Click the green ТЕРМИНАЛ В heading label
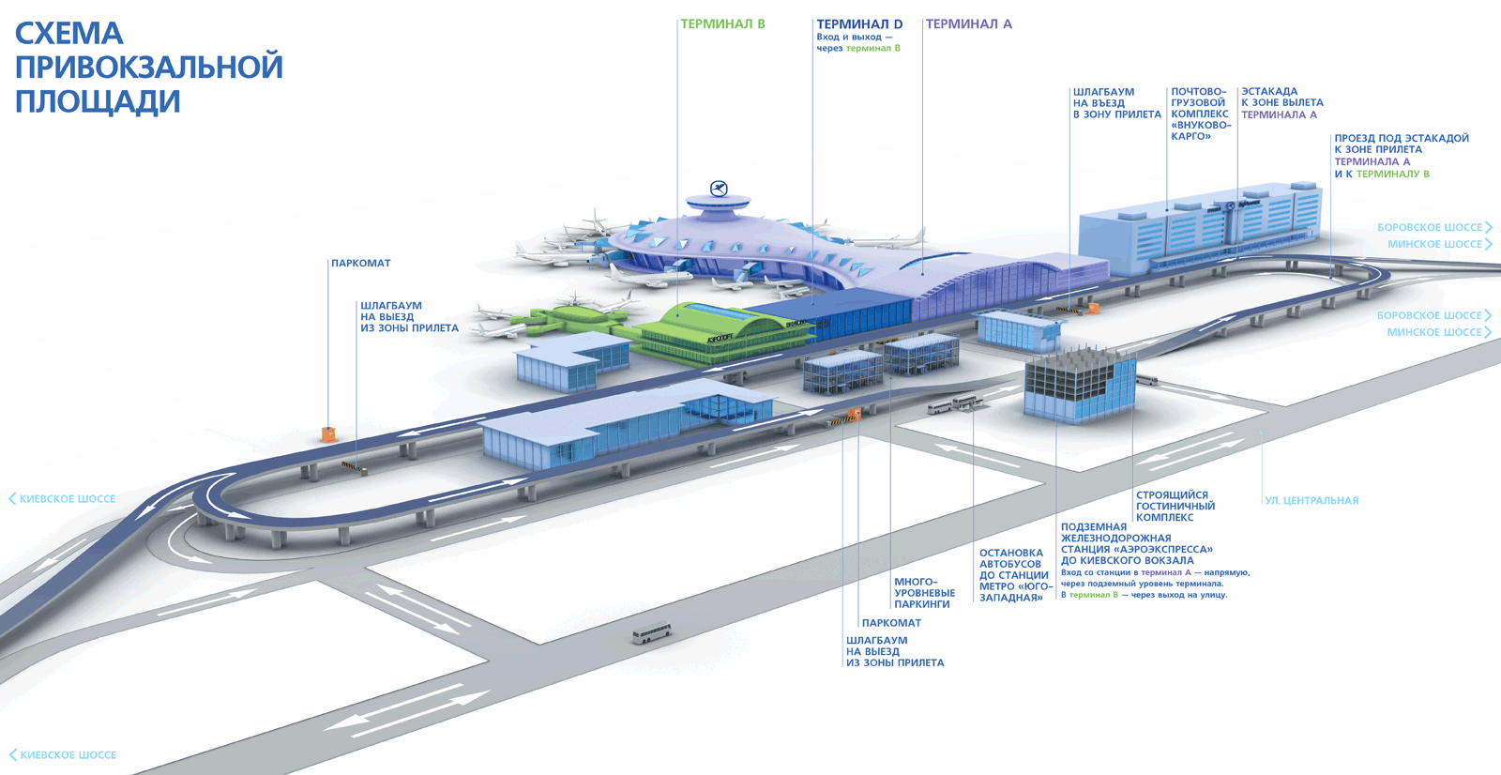[x=722, y=24]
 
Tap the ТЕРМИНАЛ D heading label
[x=858, y=24]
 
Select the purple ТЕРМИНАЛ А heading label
[x=968, y=24]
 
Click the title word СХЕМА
[x=68, y=34]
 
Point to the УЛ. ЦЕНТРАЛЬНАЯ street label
[x=1311, y=501]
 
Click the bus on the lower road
[x=651, y=633]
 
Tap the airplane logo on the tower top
[x=719, y=189]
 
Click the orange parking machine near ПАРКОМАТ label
[x=328, y=434]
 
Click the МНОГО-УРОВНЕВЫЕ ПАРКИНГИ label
[x=924, y=593]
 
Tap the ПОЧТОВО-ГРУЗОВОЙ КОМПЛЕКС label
[x=1200, y=114]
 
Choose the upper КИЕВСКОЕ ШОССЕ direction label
[x=67, y=499]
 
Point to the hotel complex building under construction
[x=1079, y=385]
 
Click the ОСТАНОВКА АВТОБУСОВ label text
[x=1013, y=575]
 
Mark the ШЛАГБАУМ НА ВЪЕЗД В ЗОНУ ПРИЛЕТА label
[x=1116, y=103]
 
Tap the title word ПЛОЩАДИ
[x=97, y=101]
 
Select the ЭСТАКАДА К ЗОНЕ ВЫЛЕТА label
[x=1281, y=103]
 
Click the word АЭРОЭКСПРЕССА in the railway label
[x=1163, y=550]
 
